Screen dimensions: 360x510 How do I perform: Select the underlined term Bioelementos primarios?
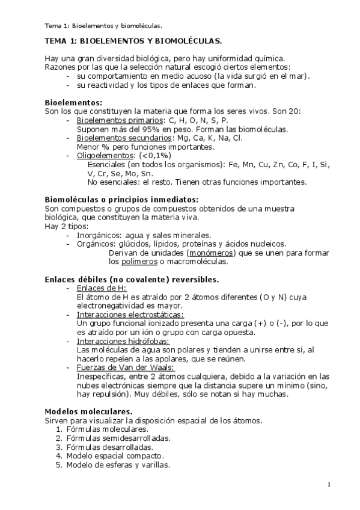coord(111,120)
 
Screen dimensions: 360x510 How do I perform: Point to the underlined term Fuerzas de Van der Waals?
coord(126,367)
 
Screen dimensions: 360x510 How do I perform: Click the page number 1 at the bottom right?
coord(329,485)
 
